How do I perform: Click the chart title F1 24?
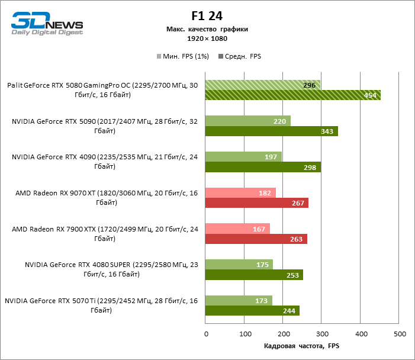point(207,16)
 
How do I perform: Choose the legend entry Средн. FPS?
point(240,57)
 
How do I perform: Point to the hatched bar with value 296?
point(262,85)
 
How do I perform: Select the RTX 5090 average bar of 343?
point(271,131)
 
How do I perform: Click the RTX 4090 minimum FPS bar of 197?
point(243,156)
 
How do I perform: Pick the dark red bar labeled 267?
point(256,203)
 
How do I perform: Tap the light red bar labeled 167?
point(237,228)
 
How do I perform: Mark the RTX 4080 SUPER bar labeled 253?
point(254,275)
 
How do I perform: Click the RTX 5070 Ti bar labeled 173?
point(239,300)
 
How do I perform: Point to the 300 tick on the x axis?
point(322,335)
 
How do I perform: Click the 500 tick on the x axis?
point(400,335)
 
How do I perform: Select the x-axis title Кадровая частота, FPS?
point(302,346)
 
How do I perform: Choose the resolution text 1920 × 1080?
point(207,38)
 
